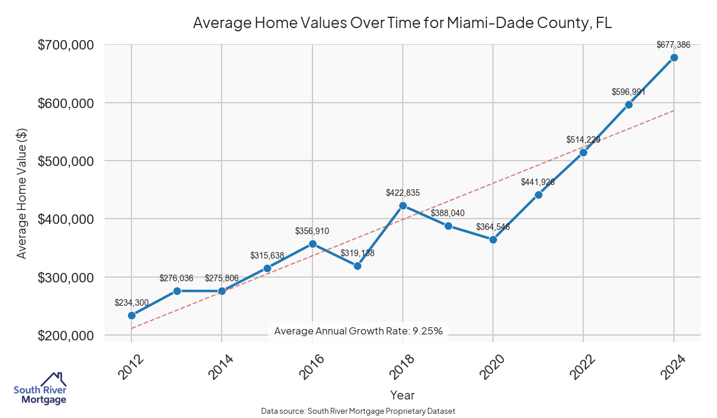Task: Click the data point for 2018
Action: (403, 205)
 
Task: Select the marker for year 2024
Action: (674, 57)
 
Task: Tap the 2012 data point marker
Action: (131, 315)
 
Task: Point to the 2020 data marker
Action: (493, 239)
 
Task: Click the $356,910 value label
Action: (312, 230)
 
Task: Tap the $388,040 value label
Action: (448, 213)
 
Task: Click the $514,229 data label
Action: (583, 140)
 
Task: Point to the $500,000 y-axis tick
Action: (66, 161)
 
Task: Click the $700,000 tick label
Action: (66, 45)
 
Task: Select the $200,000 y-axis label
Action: (66, 336)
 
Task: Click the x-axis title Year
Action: (402, 395)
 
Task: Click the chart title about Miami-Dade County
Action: (402, 23)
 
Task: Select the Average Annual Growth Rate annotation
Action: (358, 331)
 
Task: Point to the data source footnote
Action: (358, 411)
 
